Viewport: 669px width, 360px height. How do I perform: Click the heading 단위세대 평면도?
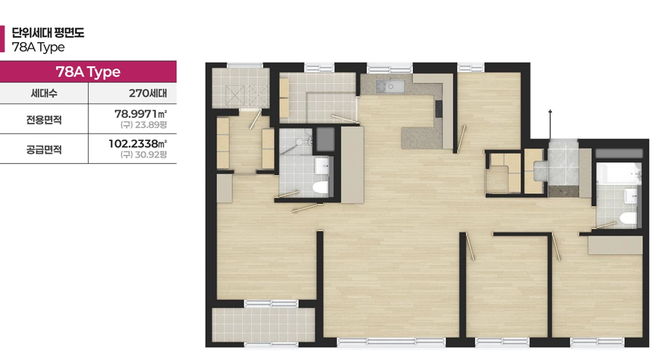[x=48, y=34]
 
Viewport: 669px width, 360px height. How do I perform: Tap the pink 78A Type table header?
[x=88, y=71]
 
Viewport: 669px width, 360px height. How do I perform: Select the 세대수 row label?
[x=44, y=94]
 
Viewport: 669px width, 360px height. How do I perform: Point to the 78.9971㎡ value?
[x=141, y=113]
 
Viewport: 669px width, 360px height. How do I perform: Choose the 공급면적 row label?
[x=44, y=150]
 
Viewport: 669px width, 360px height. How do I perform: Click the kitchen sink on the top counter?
[x=390, y=85]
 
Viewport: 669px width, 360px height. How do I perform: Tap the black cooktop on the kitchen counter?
[x=438, y=108]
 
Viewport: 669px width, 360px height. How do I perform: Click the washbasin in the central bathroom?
[x=322, y=166]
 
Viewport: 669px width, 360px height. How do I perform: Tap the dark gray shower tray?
[x=325, y=137]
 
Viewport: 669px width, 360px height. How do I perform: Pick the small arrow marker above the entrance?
[x=551, y=112]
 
